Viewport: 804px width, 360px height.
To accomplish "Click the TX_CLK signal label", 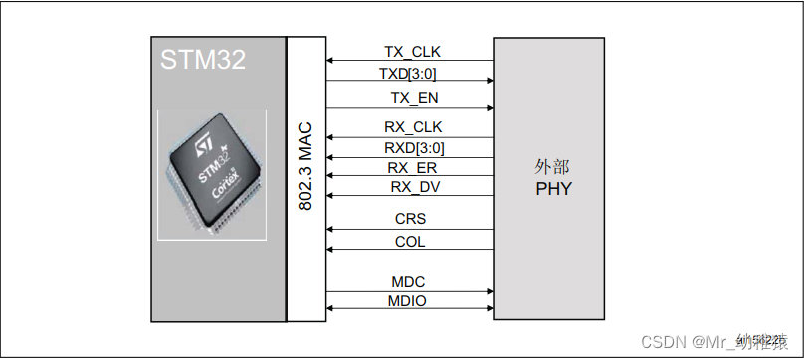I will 412,51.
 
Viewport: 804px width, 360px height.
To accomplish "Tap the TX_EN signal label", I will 412,97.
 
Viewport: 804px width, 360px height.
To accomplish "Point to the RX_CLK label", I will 412,127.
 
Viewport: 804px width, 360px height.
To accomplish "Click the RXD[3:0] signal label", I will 412,148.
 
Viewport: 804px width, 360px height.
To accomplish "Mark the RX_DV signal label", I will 412,187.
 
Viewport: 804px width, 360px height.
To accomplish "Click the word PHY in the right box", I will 553,188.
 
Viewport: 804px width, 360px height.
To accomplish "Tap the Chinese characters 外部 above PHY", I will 552,167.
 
